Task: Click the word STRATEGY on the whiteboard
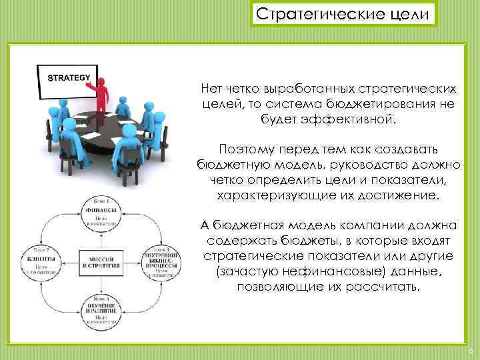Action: tap(67, 77)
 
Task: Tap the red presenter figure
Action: tap(101, 97)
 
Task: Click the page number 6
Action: tap(471, 351)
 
